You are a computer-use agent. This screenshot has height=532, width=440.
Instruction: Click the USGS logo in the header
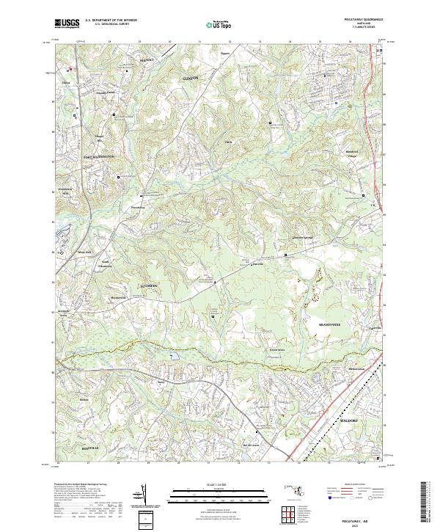point(67,24)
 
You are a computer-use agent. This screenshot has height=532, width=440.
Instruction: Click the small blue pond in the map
point(173,357)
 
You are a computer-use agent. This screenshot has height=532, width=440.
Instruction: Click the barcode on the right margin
point(427,503)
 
